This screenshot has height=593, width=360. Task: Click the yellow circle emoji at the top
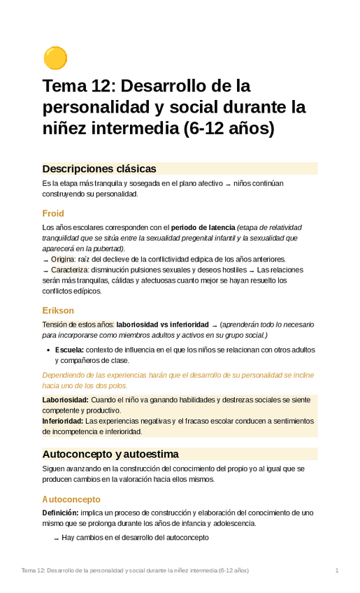coord(55,58)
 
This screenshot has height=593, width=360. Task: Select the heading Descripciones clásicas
coord(99,169)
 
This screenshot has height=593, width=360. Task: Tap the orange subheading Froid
coord(53,213)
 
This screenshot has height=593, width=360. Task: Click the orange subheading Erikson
coord(58,310)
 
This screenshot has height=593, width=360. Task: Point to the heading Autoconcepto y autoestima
coord(110,454)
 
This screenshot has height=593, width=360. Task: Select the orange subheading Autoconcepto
coord(71,499)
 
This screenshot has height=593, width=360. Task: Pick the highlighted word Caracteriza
coord(69,269)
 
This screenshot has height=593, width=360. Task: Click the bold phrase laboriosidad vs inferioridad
coord(162,324)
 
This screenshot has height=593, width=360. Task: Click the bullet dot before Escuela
coord(47,350)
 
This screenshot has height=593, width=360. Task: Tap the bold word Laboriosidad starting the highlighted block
coord(65,399)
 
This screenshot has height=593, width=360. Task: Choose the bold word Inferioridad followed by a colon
coord(63,421)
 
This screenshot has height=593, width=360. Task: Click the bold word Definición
coord(60,513)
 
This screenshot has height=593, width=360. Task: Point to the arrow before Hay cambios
coord(56,538)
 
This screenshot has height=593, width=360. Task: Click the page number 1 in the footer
coord(337,571)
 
